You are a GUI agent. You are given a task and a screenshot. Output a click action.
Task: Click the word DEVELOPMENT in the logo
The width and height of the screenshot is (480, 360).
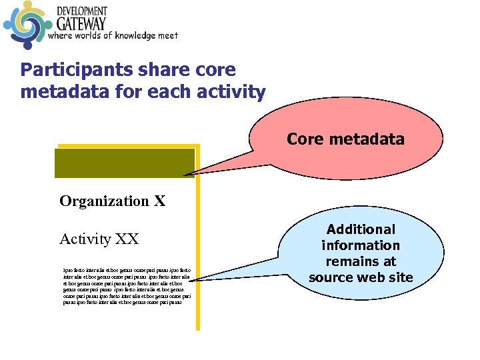coord(81,11)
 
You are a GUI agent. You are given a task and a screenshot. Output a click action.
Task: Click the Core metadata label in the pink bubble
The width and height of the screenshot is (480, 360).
coord(345,139)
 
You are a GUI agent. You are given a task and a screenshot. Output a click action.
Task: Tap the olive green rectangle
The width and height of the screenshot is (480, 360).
coord(125,163)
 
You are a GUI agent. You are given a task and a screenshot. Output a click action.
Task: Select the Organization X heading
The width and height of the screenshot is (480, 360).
coord(112,201)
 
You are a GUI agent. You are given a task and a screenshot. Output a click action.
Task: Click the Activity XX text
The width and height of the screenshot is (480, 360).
coord(99,239)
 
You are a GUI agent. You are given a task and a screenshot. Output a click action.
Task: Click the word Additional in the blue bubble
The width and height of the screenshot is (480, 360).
coord(361,229)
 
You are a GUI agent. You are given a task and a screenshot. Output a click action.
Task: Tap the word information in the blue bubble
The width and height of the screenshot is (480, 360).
coord(361,245)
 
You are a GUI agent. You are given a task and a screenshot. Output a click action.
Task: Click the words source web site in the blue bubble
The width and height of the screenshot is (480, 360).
coord(361,277)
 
